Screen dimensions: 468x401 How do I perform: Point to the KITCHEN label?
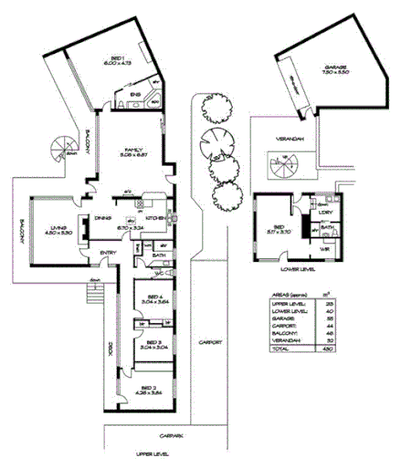153,217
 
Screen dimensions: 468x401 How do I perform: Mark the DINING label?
103,217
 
